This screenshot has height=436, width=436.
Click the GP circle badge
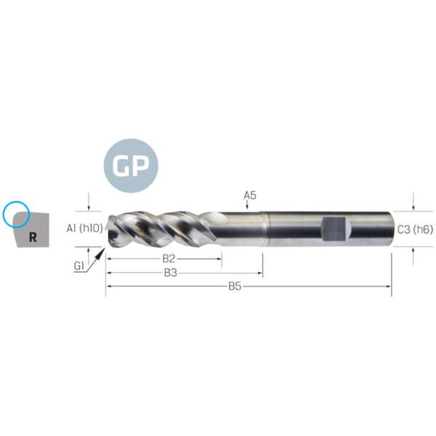click(x=131, y=166)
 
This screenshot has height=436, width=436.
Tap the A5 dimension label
click(x=250, y=195)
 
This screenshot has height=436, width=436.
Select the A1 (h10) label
click(x=84, y=228)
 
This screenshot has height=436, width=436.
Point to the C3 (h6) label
click(x=415, y=230)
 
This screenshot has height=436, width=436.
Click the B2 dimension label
click(x=169, y=259)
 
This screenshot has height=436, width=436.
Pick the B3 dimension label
click(x=171, y=272)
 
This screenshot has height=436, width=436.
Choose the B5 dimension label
click(x=235, y=286)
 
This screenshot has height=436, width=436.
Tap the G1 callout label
click(x=78, y=267)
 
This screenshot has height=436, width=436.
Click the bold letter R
click(x=33, y=237)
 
